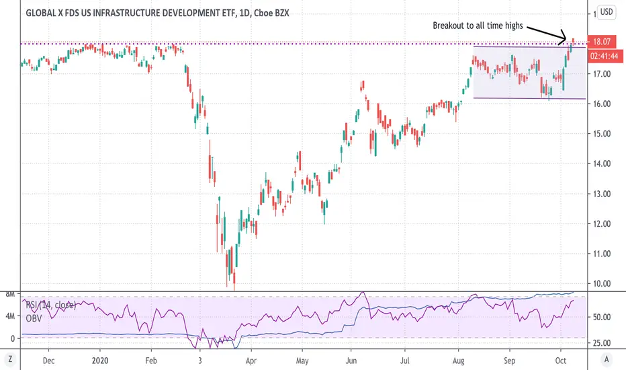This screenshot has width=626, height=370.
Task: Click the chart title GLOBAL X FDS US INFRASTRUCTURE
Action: [x=157, y=13]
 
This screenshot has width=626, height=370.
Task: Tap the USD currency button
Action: [x=606, y=11]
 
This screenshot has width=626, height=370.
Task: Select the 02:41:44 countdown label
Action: [x=605, y=56]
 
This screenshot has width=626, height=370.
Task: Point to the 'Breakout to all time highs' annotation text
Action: [x=478, y=26]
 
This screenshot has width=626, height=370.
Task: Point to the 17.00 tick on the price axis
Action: [x=602, y=74]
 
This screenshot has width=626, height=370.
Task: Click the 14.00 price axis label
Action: [x=602, y=163]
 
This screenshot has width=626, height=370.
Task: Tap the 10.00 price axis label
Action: [x=602, y=284]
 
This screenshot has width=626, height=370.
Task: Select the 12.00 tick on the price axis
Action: [x=602, y=224]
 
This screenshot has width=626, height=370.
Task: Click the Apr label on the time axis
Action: [x=251, y=361]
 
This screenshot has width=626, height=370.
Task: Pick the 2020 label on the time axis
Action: [x=100, y=361]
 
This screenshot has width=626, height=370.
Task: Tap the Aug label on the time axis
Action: [x=458, y=361]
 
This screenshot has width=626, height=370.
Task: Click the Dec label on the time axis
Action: [x=49, y=361]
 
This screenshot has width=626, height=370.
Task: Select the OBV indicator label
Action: [x=34, y=318]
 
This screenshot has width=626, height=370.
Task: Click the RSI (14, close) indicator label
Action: [x=50, y=305]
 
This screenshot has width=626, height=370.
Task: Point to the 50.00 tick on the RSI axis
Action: [x=602, y=318]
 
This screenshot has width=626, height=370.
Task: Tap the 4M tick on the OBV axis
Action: [x=9, y=316]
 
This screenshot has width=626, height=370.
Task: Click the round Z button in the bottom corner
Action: [x=10, y=359]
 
